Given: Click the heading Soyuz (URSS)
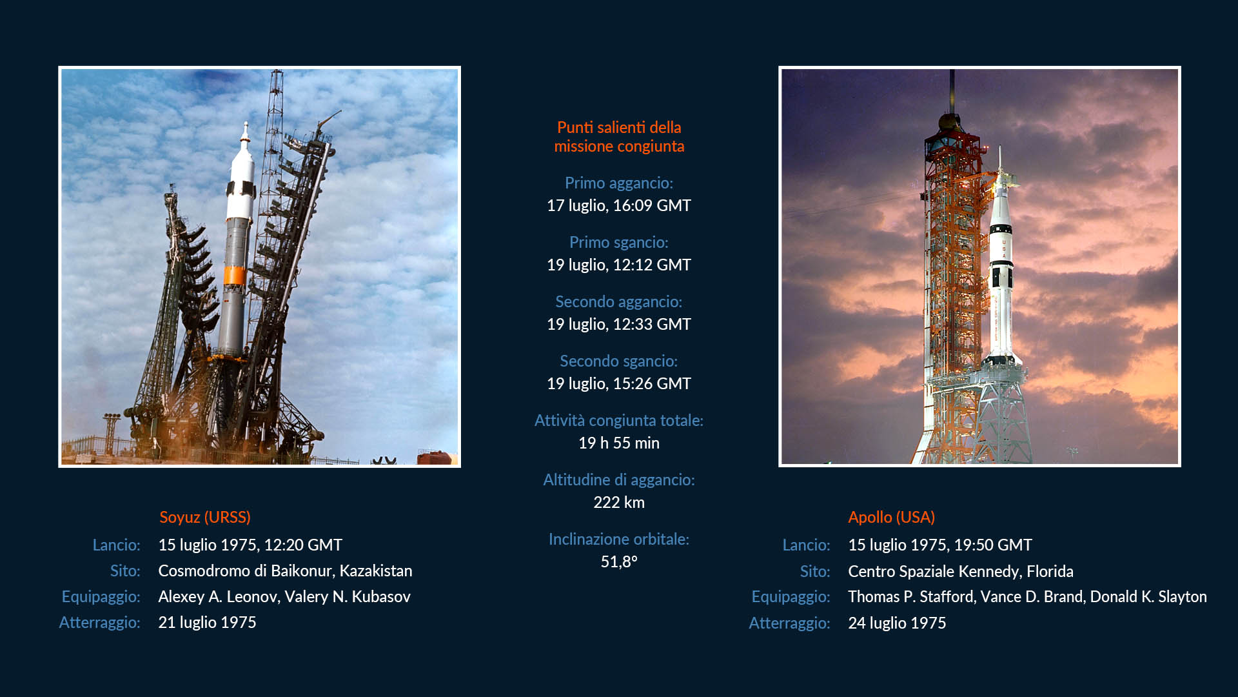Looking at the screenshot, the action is (x=205, y=517).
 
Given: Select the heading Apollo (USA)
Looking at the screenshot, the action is (x=891, y=517).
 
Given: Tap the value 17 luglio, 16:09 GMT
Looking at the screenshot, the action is (x=619, y=205).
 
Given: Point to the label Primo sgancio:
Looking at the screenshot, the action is (x=619, y=242).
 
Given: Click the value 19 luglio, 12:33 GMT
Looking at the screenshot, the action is (x=619, y=324).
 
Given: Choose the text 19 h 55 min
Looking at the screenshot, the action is (x=619, y=443).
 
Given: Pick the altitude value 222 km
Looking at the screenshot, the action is (x=619, y=502).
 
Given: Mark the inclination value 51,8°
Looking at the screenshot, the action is (x=619, y=561).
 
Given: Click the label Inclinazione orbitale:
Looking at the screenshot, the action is (x=619, y=539).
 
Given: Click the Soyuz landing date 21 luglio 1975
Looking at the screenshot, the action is (x=207, y=622).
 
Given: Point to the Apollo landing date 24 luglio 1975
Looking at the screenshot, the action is (x=897, y=623).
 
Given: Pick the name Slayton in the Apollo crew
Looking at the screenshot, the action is (x=1183, y=596).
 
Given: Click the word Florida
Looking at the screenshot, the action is (x=1050, y=571).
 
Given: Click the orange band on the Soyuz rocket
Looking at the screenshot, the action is (x=235, y=275).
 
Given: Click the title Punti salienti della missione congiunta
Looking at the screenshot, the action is (x=619, y=137).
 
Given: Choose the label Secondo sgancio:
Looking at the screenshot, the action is (x=619, y=361).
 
